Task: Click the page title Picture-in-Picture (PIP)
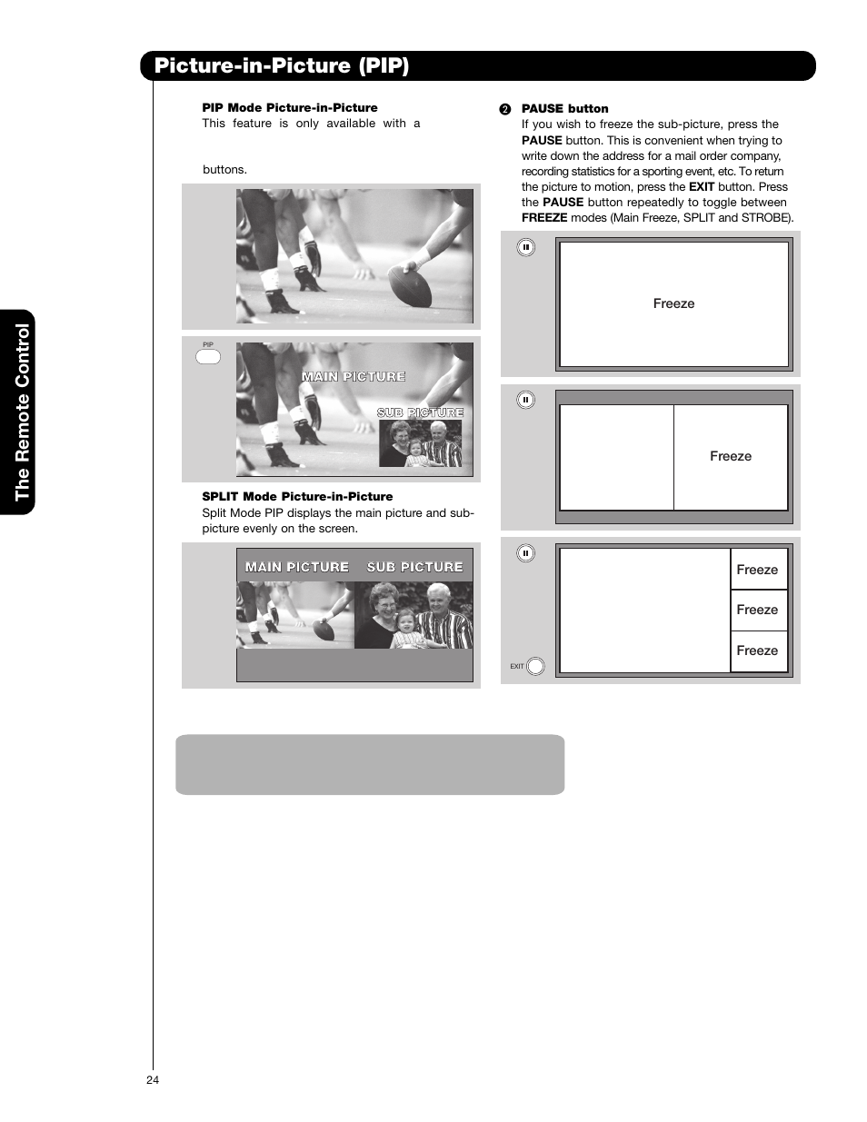point(282,65)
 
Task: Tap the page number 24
point(152,1079)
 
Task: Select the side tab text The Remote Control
point(22,412)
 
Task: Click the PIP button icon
point(208,356)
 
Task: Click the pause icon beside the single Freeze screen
point(525,247)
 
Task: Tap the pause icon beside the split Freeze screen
point(525,400)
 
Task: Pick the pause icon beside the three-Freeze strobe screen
point(525,552)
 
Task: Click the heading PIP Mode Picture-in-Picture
point(289,107)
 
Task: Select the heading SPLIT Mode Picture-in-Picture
point(297,496)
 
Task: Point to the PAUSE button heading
point(564,108)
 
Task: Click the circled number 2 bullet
point(505,109)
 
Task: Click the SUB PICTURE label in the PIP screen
point(420,412)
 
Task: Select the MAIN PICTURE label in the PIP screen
point(354,376)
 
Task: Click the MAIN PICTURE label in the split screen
point(297,567)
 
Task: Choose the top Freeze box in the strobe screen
point(757,570)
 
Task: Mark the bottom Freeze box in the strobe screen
point(757,650)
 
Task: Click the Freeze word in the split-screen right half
point(731,456)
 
